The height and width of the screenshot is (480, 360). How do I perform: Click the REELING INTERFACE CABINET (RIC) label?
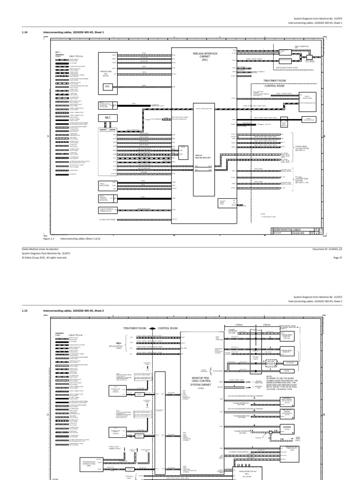coord(204,57)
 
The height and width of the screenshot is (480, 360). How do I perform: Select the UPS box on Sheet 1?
coord(106,87)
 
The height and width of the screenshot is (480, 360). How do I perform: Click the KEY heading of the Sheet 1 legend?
coord(58,52)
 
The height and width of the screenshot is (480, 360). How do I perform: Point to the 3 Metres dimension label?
coord(239,324)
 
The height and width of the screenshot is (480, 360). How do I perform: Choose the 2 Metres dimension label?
coord(267,324)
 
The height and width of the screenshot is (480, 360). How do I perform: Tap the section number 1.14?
coord(25,32)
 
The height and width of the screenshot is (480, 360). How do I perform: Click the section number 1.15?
coord(25,311)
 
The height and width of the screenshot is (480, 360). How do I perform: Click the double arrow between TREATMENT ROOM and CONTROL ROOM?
coord(154,328)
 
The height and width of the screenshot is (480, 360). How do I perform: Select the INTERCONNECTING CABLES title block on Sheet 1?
coord(290,229)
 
